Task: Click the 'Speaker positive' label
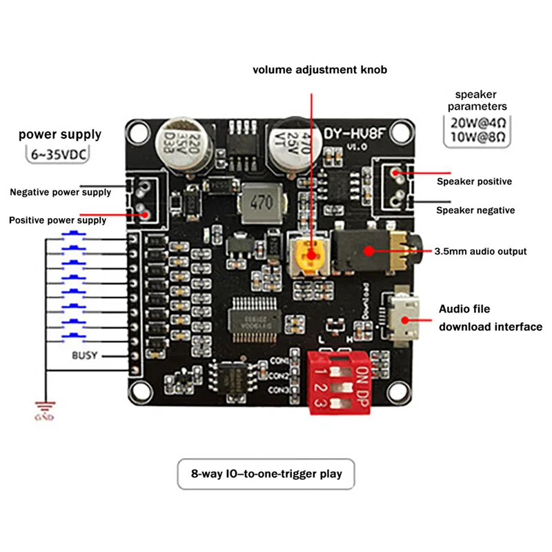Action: coord(474,181)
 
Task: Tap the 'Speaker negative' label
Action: coord(475,210)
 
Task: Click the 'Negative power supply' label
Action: coord(60,192)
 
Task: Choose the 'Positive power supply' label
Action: coord(57,220)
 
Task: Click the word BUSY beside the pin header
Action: coord(86,356)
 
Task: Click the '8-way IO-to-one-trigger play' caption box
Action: coord(266,474)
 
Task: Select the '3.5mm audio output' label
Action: coord(480,251)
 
